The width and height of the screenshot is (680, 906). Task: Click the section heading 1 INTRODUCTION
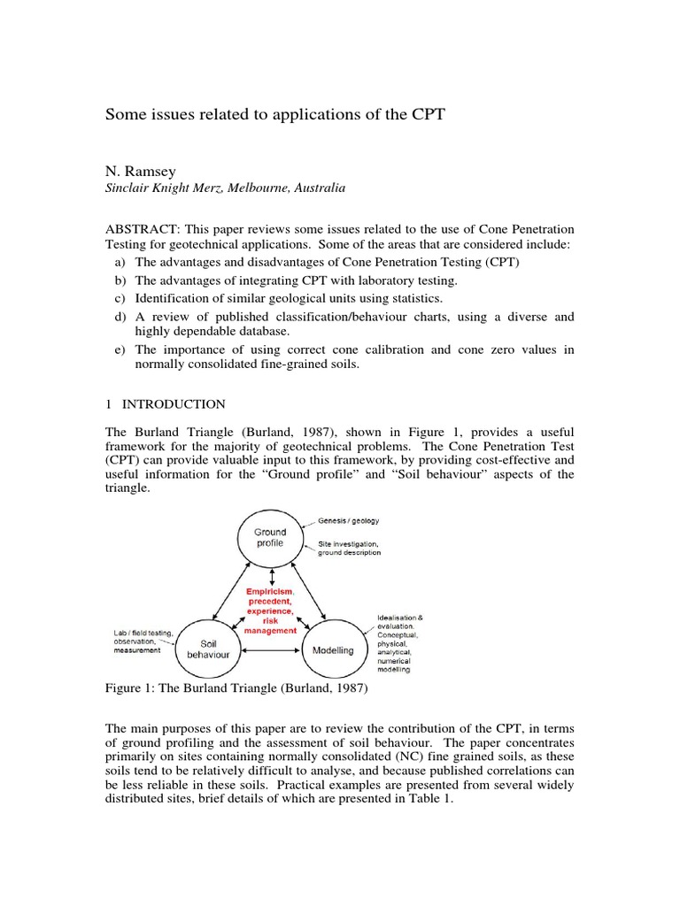[166, 404]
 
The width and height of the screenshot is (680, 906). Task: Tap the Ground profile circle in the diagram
[270, 538]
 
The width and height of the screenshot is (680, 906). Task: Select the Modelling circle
[332, 650]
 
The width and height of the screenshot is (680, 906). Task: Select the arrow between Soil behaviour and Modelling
[271, 652]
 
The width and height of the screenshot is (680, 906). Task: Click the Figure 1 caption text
[236, 687]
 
